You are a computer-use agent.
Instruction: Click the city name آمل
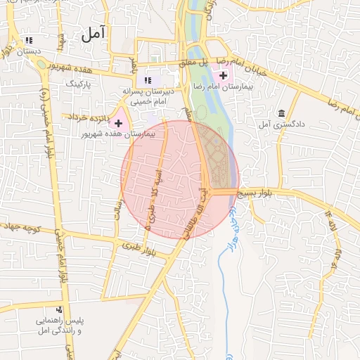tap(92, 33)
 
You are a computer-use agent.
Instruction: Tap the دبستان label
tap(29, 52)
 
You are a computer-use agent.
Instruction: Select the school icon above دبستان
tap(28, 41)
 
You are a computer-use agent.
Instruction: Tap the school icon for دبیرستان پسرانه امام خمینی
tap(148, 80)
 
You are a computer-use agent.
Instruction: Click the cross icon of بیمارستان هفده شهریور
tap(118, 124)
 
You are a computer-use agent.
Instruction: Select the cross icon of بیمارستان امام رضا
tap(224, 75)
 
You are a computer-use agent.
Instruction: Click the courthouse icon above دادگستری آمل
tap(281, 114)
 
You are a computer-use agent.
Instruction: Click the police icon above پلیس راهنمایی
tap(59, 309)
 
